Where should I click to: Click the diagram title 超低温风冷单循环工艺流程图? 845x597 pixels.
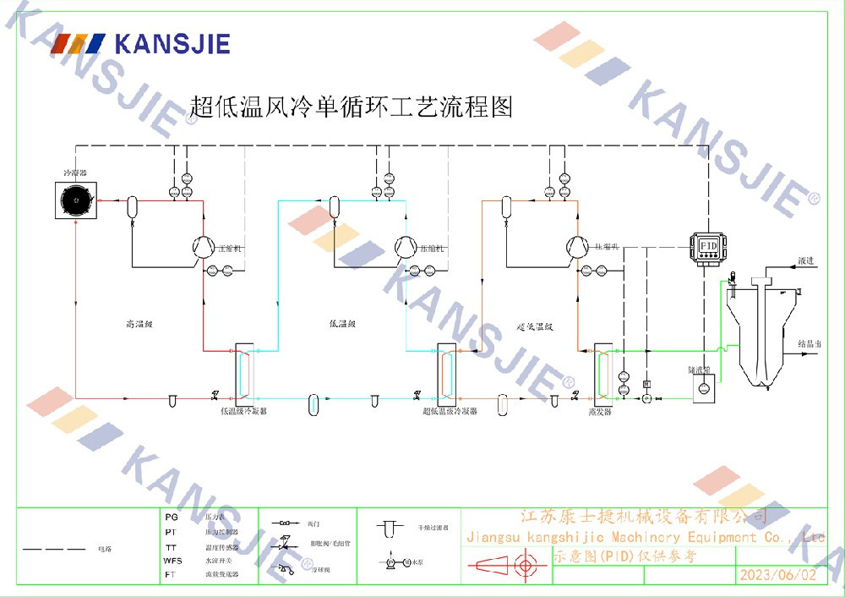352,107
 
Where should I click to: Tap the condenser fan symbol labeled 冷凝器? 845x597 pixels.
76,201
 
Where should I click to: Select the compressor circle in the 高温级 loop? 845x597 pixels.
203,247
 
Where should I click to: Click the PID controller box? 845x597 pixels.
708,245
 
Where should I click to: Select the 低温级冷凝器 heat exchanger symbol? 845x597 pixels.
243,373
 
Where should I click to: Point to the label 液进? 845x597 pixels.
805,261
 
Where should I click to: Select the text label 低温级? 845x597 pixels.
342,323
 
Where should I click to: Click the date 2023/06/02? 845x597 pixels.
778,575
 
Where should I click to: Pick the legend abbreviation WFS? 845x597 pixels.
172,561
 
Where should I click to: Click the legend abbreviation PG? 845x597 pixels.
171,516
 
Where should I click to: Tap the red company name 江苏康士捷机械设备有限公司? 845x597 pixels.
642,516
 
